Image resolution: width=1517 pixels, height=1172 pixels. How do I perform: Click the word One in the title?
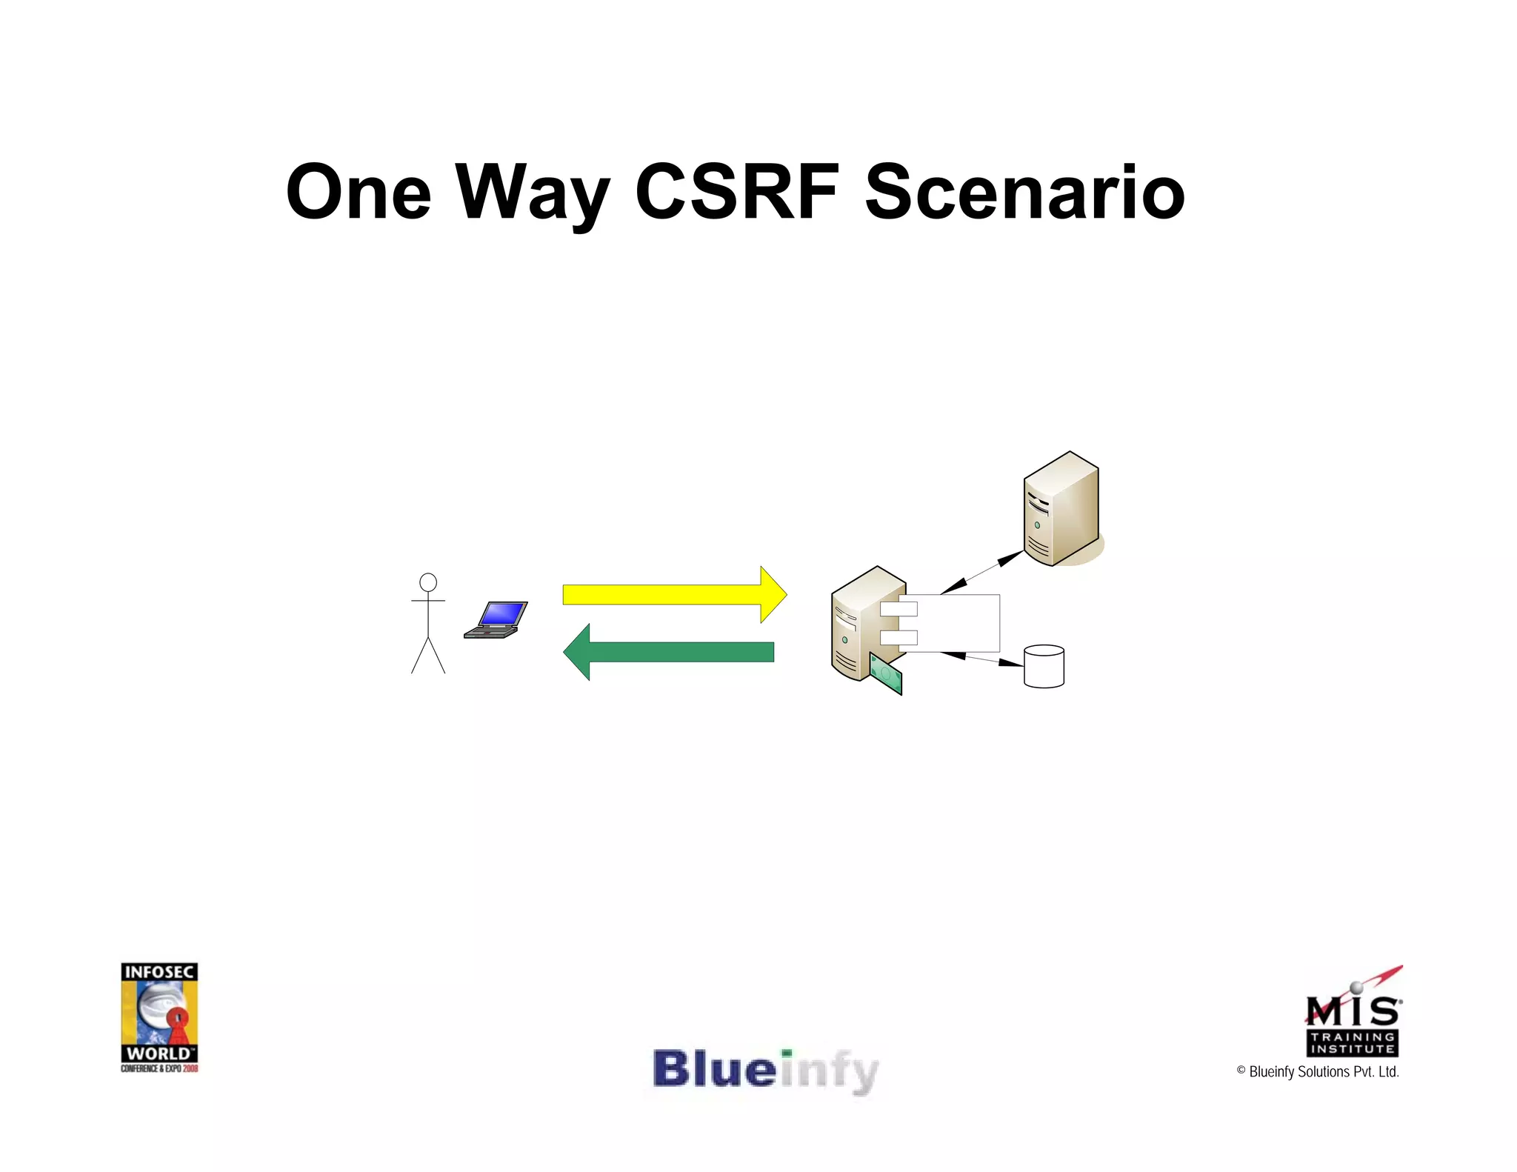(x=359, y=193)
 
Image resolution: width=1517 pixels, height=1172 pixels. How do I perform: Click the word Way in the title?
(x=532, y=193)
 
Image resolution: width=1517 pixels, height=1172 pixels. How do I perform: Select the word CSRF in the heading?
(x=737, y=193)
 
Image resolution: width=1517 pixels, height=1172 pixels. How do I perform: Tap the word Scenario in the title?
(x=1024, y=193)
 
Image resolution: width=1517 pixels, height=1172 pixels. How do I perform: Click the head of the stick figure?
(x=428, y=582)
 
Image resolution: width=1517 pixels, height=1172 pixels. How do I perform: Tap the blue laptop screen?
(x=502, y=614)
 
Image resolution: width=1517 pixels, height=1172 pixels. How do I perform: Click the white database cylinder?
(x=1044, y=667)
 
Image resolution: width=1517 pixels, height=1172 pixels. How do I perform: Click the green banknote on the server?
(x=886, y=674)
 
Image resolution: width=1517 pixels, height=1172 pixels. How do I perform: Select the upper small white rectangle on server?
(x=898, y=609)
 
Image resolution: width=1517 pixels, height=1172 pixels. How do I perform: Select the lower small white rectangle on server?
(x=898, y=637)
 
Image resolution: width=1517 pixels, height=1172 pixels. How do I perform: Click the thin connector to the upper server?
(x=982, y=572)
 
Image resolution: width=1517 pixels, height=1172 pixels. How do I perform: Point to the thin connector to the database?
(x=982, y=659)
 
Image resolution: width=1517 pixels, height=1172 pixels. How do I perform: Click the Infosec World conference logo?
(x=159, y=1016)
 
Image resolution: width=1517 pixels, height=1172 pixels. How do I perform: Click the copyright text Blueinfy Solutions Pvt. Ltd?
(x=1318, y=1072)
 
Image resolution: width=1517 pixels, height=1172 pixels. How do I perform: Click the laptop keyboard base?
(x=490, y=632)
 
